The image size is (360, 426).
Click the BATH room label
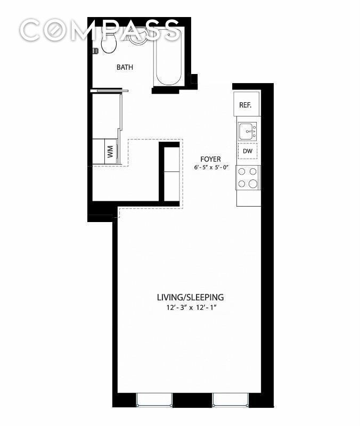coord(125,68)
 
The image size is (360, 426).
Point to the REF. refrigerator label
coord(245,105)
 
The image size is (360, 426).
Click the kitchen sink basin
coord(246,130)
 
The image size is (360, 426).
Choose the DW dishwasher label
coord(247,151)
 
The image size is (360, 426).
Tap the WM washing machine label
coord(110,151)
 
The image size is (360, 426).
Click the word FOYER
coord(210,159)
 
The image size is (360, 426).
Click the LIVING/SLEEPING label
coord(190,297)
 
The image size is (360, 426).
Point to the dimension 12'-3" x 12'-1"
coord(190,308)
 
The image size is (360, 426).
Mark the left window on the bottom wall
coord(154,400)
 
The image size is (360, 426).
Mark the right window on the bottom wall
coord(231,400)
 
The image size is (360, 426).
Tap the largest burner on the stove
coord(253,184)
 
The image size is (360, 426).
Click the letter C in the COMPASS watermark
coord(33,30)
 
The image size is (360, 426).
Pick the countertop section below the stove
coord(248,199)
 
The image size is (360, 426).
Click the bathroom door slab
coord(110,91)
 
